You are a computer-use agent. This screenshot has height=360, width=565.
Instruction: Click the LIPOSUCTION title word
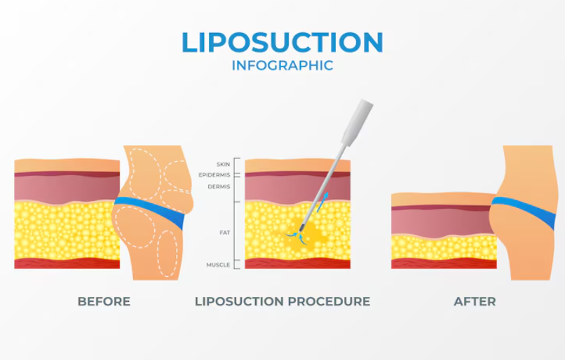[x=282, y=43]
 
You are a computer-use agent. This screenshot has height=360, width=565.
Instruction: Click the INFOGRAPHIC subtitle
[x=282, y=66]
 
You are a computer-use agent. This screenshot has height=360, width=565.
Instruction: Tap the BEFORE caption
[x=104, y=301]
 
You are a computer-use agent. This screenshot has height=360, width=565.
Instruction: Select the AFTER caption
[x=475, y=301]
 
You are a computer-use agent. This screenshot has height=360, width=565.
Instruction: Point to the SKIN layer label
[x=223, y=165]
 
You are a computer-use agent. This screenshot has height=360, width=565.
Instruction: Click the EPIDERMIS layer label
[x=215, y=175]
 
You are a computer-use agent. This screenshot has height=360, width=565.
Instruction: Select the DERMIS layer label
[x=219, y=186]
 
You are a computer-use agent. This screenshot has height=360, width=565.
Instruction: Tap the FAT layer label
[x=224, y=233]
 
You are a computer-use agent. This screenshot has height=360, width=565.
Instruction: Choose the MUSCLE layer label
[x=218, y=265]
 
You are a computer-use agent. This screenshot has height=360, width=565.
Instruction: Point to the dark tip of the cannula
[x=301, y=228]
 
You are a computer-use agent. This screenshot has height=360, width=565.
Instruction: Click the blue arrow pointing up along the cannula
[x=323, y=202]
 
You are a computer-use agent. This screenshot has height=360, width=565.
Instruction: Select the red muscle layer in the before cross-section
[x=67, y=263]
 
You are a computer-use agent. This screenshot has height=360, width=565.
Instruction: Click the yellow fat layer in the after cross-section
[x=444, y=247]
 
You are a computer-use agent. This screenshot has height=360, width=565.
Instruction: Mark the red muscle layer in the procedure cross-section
[x=298, y=263]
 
